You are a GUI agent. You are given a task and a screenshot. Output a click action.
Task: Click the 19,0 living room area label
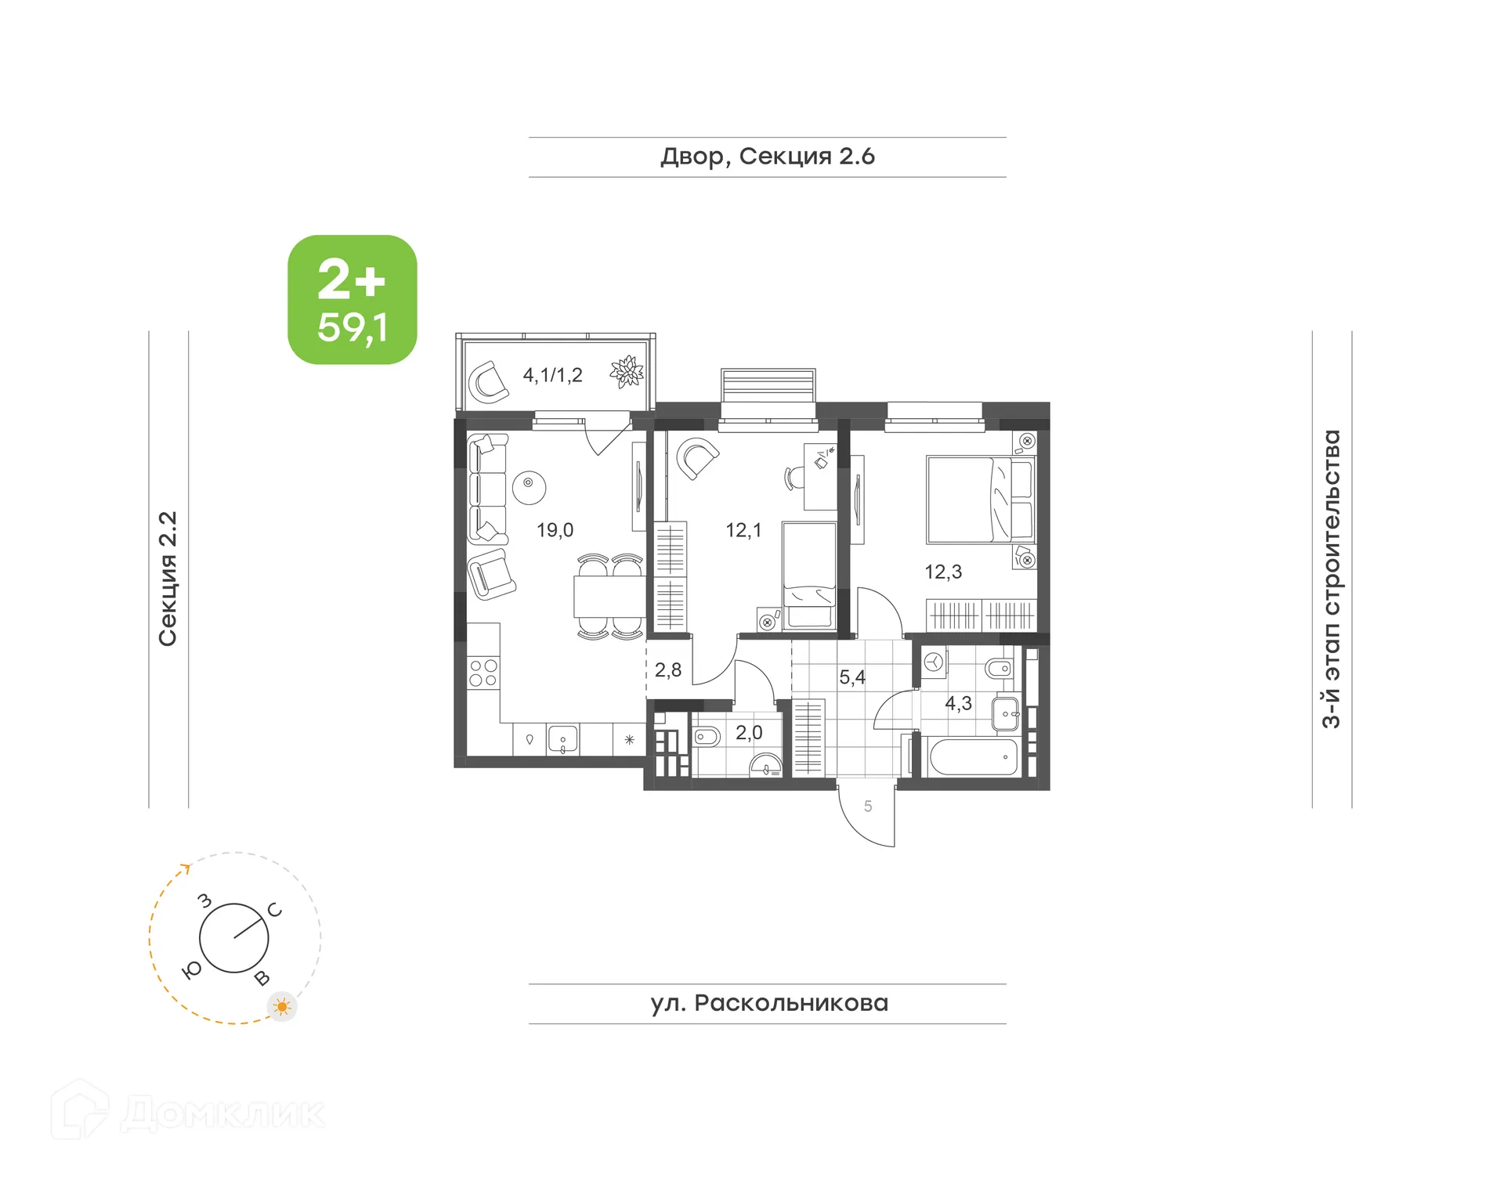(x=555, y=530)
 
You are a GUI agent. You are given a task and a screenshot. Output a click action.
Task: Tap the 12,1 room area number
(x=743, y=530)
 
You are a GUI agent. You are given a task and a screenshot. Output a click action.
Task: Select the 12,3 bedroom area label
(x=942, y=572)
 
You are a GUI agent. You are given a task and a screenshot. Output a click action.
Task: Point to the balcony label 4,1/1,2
(x=552, y=375)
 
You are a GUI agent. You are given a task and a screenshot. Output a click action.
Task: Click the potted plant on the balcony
(x=627, y=372)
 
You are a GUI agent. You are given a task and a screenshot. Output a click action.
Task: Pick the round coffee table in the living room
(x=529, y=487)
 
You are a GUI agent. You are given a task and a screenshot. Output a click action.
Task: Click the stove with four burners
(x=483, y=673)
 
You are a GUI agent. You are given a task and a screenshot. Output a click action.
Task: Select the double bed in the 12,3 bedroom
(x=979, y=500)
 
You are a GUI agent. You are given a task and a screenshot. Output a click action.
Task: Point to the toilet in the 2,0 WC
(x=707, y=737)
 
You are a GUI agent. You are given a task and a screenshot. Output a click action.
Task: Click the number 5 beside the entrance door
(x=867, y=806)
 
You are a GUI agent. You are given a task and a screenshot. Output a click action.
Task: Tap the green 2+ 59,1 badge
(x=352, y=300)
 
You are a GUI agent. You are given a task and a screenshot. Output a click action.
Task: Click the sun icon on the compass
(x=282, y=1006)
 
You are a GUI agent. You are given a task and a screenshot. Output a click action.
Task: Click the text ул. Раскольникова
(x=768, y=1003)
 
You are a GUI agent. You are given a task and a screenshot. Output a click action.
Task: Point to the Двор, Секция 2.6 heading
(x=767, y=157)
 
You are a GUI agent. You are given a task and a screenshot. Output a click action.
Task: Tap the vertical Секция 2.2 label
(x=168, y=579)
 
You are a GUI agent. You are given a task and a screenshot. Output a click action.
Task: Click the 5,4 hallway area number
(x=851, y=677)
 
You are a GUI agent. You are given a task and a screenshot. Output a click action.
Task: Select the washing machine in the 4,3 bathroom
(x=933, y=663)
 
